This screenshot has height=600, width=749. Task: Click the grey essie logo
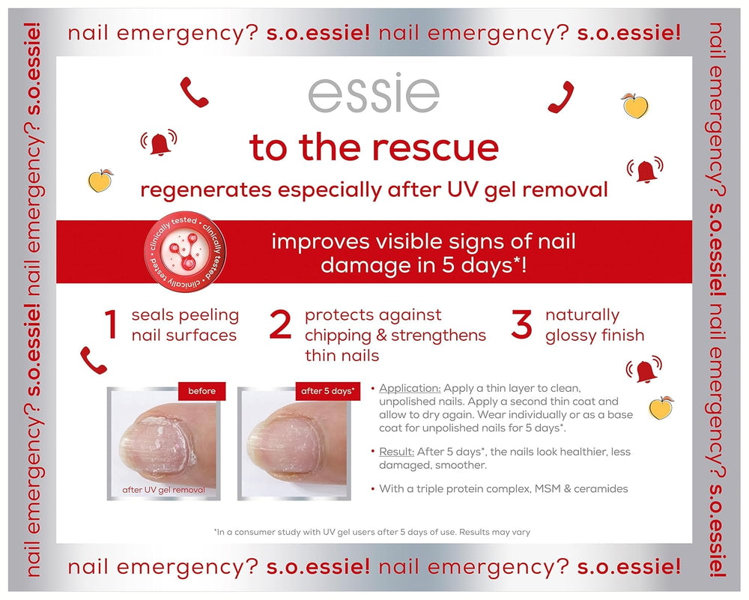tap(374, 95)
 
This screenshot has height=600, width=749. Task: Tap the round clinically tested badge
tap(184, 250)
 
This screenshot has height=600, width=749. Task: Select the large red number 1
tap(111, 326)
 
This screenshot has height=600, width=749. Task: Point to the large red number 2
tap(280, 326)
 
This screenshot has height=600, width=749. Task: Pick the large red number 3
tap(521, 326)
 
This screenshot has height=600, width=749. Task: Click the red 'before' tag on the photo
tap(201, 391)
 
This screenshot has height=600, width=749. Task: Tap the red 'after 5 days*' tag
tap(328, 391)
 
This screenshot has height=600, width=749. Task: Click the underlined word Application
tap(410, 389)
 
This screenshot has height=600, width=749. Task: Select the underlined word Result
tap(397, 452)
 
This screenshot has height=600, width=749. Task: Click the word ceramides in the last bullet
tap(599, 489)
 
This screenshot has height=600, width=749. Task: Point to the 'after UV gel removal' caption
tap(163, 491)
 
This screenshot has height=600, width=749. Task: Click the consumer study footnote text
tap(372, 533)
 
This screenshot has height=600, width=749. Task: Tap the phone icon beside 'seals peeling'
tap(94, 360)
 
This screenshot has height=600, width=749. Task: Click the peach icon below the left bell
tap(100, 181)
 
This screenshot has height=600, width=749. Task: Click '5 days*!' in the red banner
tap(487, 266)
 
